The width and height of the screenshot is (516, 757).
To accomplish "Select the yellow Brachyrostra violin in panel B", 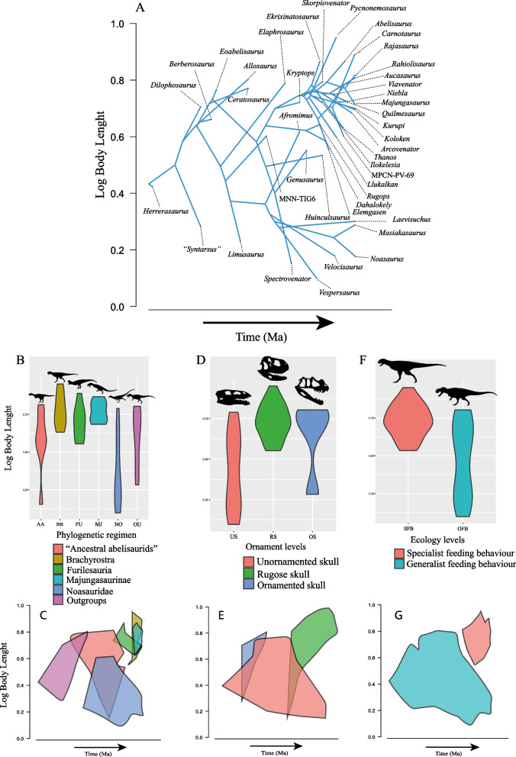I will pos(61,408).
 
